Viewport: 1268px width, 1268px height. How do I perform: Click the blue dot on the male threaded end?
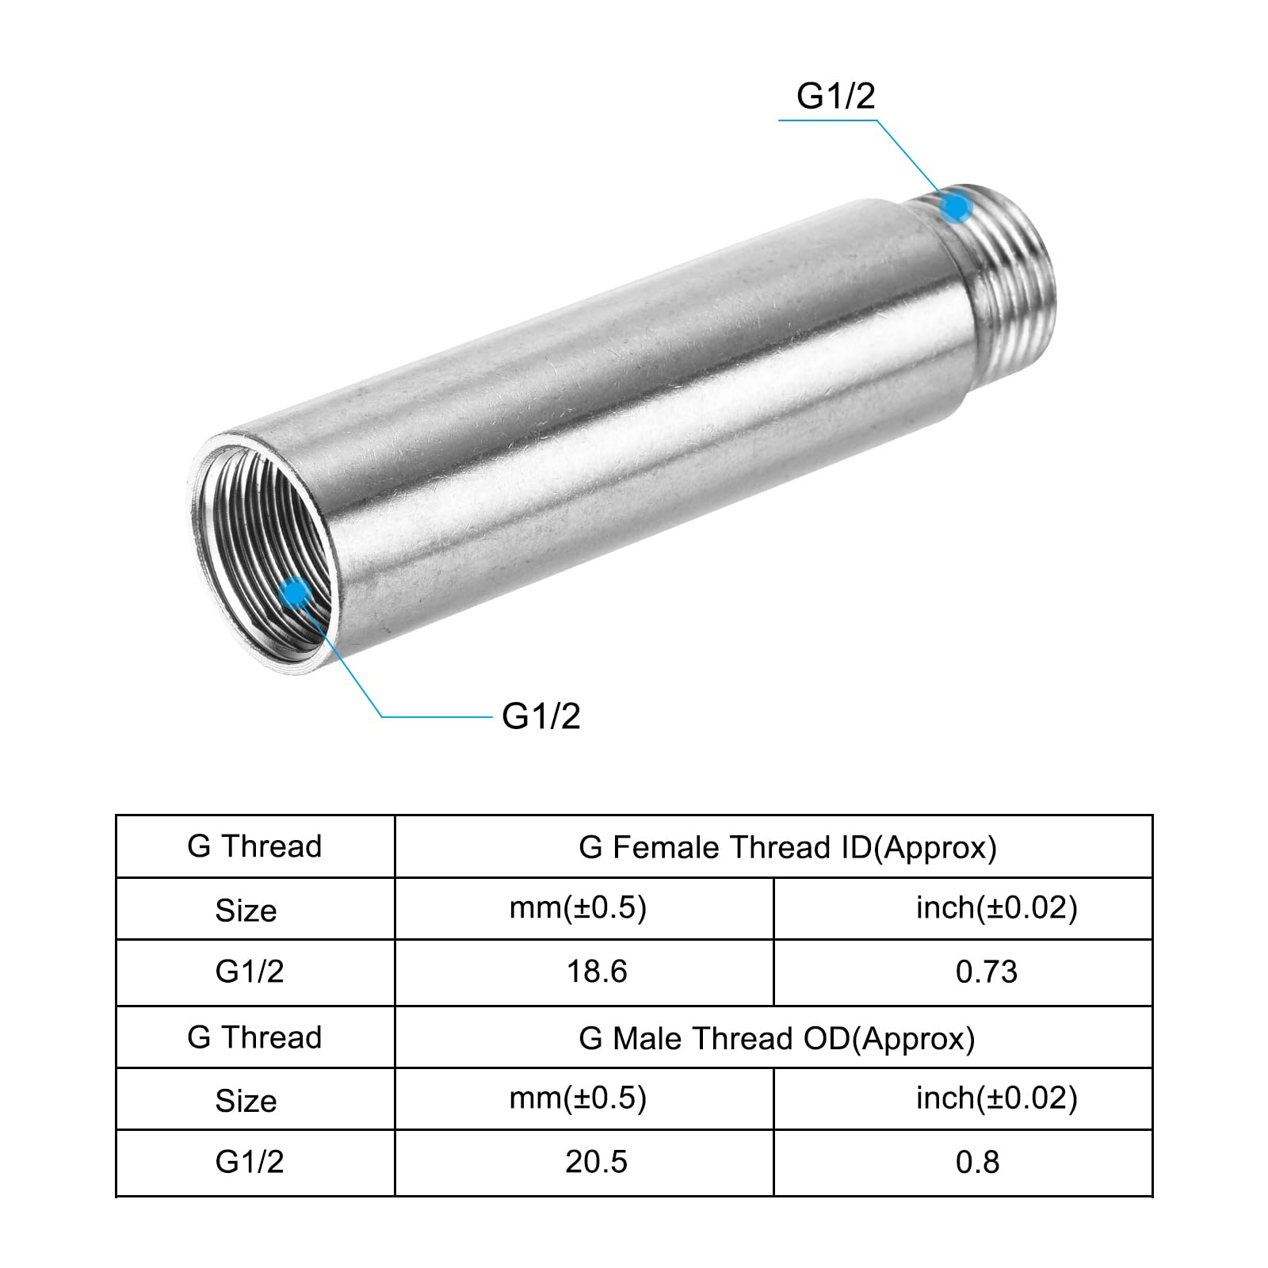[x=957, y=208]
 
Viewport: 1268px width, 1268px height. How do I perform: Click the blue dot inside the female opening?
[x=296, y=592]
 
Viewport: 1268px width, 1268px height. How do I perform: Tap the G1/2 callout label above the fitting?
[x=836, y=96]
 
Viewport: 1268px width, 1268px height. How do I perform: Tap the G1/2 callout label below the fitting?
[x=541, y=716]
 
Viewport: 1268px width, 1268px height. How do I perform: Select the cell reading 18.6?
[x=584, y=973]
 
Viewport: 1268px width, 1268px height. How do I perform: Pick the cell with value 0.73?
[x=963, y=973]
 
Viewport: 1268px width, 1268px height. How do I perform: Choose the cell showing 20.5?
[x=584, y=1163]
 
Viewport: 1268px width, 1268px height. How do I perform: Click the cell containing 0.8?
[x=963, y=1163]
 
